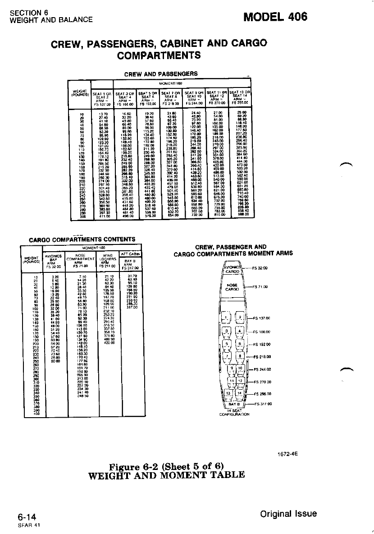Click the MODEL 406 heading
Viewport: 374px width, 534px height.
[275, 17]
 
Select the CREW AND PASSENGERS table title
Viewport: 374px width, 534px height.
[161, 74]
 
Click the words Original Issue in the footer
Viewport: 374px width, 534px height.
[288, 514]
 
